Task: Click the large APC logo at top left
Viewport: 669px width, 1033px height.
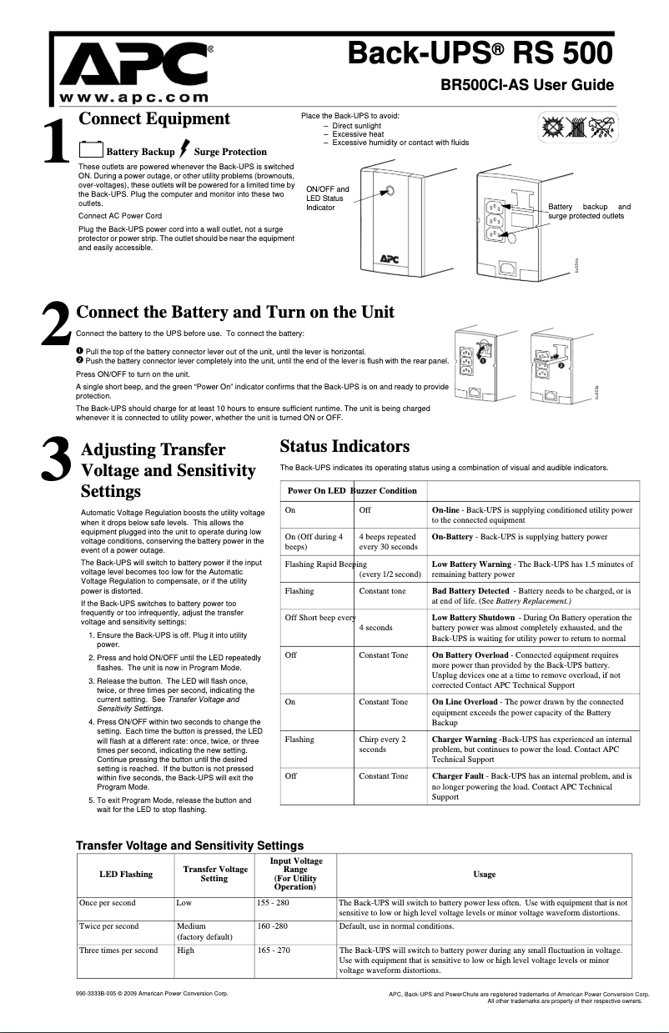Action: click(138, 63)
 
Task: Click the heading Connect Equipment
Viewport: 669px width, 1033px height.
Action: click(153, 118)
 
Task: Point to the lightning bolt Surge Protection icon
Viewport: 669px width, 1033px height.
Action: click(184, 148)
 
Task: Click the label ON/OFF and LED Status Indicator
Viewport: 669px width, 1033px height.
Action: click(328, 198)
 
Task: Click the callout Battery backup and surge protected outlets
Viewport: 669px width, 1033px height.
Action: click(589, 211)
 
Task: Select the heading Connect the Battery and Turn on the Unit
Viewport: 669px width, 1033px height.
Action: click(235, 313)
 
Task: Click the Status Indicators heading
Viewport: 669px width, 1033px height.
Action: click(345, 446)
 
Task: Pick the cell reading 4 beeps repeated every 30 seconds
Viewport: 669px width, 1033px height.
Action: click(388, 542)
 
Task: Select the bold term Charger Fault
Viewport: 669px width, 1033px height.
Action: click(459, 776)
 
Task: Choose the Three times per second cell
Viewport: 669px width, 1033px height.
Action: click(118, 950)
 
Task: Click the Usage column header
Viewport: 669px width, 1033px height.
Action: click(484, 874)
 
